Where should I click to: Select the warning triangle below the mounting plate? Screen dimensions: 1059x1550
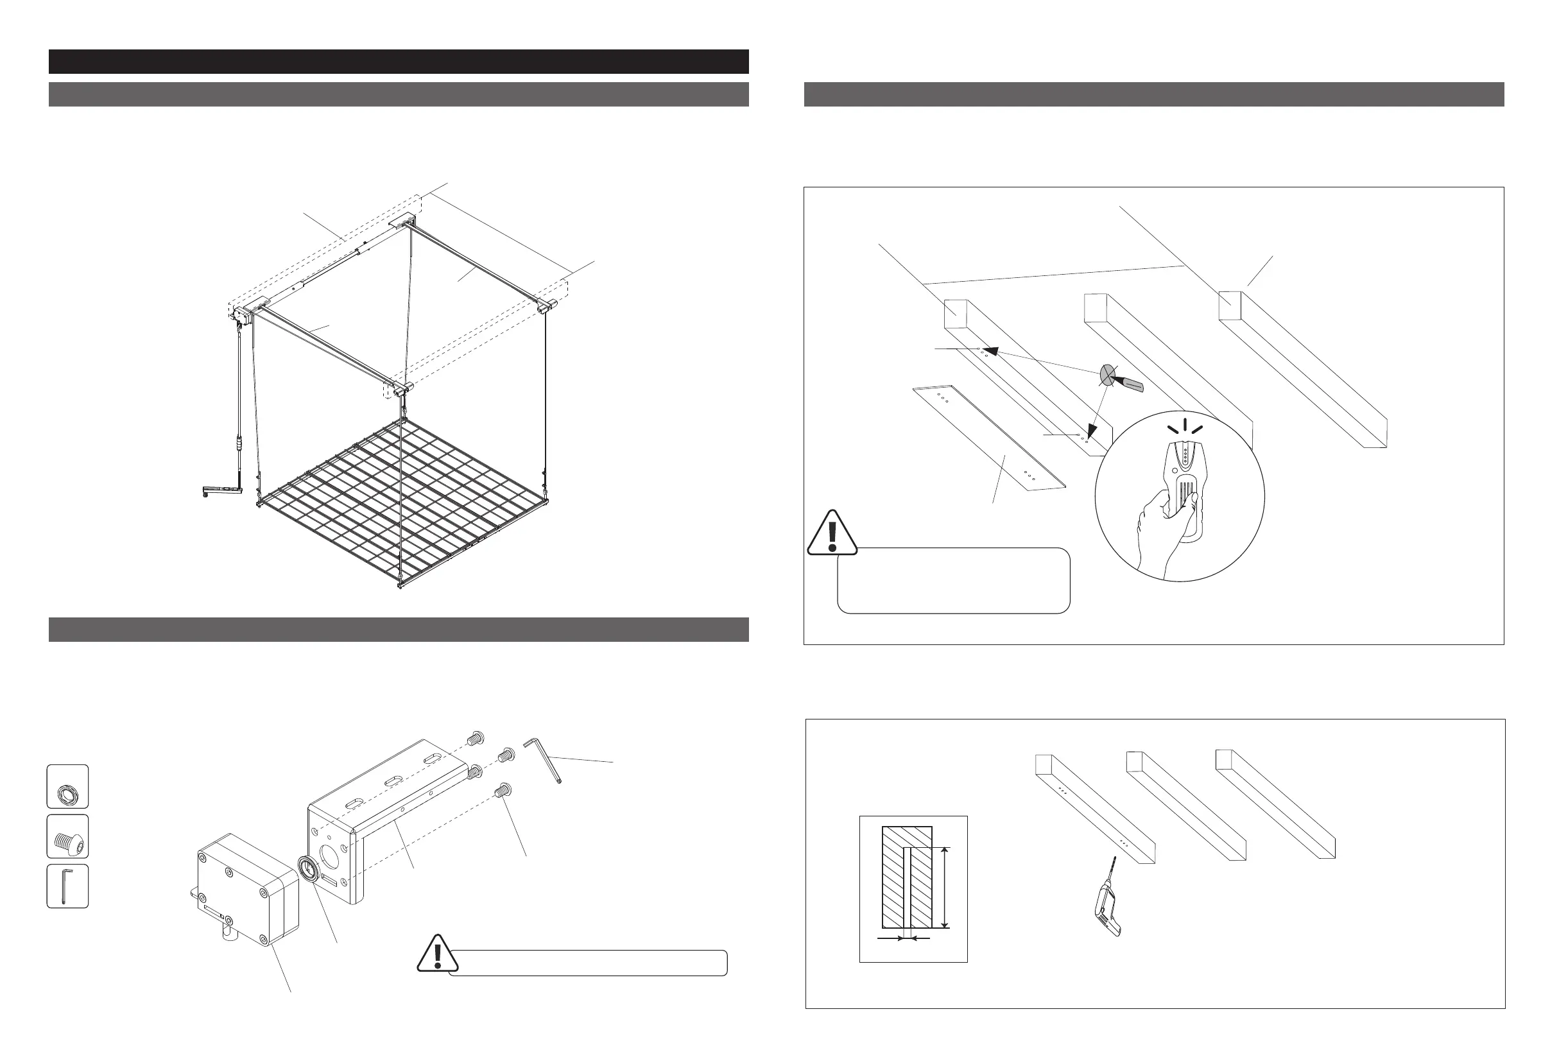click(832, 533)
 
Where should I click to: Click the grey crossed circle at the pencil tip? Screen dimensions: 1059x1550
click(1107, 375)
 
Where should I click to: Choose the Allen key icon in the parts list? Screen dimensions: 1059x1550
click(67, 886)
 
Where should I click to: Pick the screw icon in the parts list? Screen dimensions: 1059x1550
click(67, 836)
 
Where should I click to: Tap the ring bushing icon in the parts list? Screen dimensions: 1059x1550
click(67, 787)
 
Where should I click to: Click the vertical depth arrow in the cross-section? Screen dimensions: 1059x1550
click(943, 888)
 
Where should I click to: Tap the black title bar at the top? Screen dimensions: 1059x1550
click(398, 62)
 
